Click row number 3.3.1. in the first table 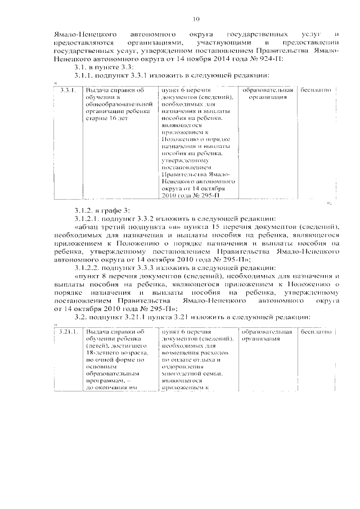(x=67, y=90)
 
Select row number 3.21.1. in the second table (x=67, y=332)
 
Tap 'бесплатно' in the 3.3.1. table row (x=319, y=90)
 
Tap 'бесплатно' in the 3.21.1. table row (x=319, y=332)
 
